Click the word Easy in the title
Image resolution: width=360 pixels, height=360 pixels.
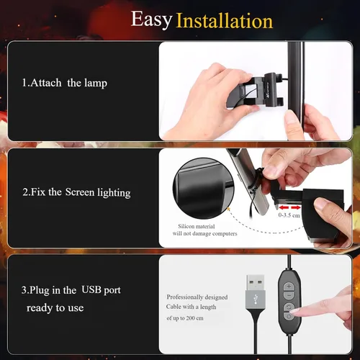tap(151, 19)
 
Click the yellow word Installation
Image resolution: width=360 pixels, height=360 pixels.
tap(225, 21)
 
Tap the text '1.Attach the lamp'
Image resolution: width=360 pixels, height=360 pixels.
tap(65, 83)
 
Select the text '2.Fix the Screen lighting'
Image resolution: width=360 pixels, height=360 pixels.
tap(76, 192)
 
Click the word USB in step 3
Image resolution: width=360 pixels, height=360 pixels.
tap(91, 289)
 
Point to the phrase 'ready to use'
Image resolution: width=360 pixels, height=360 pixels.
tap(55, 307)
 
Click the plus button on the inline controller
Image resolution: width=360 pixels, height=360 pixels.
tap(289, 287)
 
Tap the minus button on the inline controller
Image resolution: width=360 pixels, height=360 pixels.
tap(289, 295)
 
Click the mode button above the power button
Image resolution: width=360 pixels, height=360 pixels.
tap(289, 307)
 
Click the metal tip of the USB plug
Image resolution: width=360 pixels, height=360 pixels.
tap(256, 282)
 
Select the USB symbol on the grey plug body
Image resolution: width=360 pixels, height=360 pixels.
tap(256, 299)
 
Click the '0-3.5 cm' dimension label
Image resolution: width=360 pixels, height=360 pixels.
tap(289, 215)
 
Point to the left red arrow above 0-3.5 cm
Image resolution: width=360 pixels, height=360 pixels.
tap(283, 207)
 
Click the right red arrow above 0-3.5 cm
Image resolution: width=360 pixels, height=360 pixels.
tap(296, 207)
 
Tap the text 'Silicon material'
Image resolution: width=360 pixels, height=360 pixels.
tap(197, 226)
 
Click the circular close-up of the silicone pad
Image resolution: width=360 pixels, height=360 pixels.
tap(203, 188)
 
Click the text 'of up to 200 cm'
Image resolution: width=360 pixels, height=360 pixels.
tap(185, 318)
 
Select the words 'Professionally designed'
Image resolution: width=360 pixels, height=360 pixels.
tap(197, 297)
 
